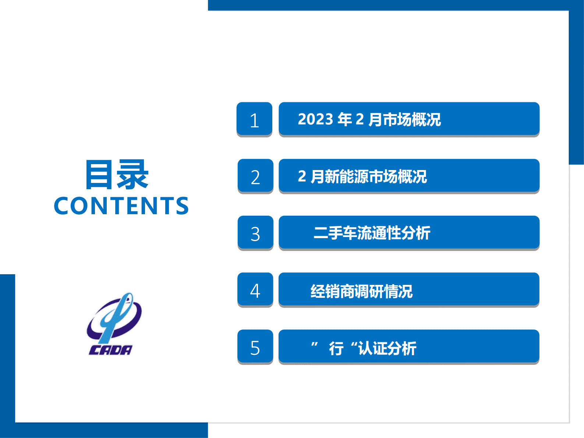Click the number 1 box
click(x=254, y=119)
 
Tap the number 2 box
click(x=255, y=176)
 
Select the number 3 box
click(x=255, y=233)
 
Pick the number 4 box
click(x=255, y=290)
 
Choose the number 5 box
click(x=255, y=347)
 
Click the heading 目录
click(x=117, y=175)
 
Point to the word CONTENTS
click(x=121, y=206)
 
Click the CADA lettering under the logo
click(x=110, y=350)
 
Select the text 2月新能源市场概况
click(x=362, y=177)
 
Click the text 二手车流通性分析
click(x=372, y=233)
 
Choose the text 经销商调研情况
click(x=362, y=292)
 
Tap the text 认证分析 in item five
click(x=387, y=348)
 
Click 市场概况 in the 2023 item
click(x=412, y=120)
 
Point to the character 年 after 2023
click(x=345, y=119)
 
